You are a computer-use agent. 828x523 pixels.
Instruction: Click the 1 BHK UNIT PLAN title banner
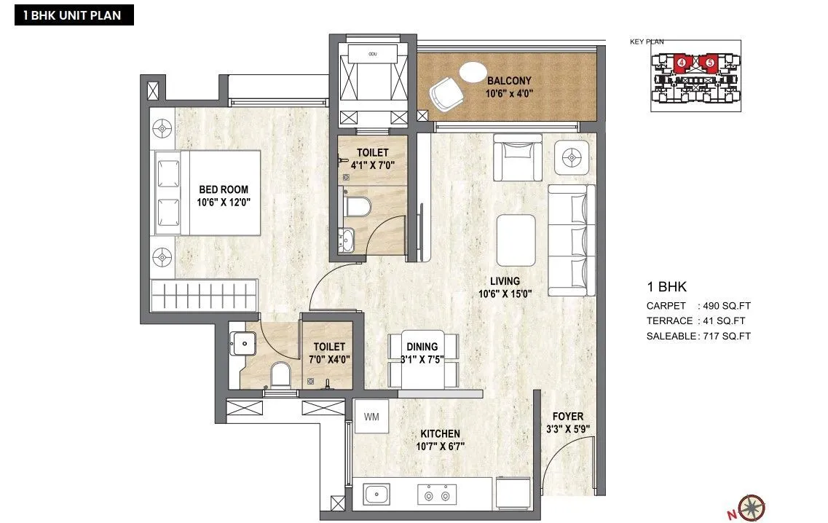[x=74, y=15]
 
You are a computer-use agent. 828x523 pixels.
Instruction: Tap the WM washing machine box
[x=371, y=417]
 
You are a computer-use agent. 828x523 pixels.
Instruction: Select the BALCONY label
[x=509, y=81]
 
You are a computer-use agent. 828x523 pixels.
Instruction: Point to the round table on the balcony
[x=472, y=72]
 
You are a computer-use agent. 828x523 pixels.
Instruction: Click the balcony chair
[x=445, y=93]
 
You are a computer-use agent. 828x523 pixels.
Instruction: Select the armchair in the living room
[x=517, y=156]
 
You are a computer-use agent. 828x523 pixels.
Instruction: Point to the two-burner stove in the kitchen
[x=437, y=495]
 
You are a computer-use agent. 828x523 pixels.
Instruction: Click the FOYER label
[x=567, y=417]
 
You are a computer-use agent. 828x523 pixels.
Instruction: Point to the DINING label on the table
[x=422, y=347]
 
